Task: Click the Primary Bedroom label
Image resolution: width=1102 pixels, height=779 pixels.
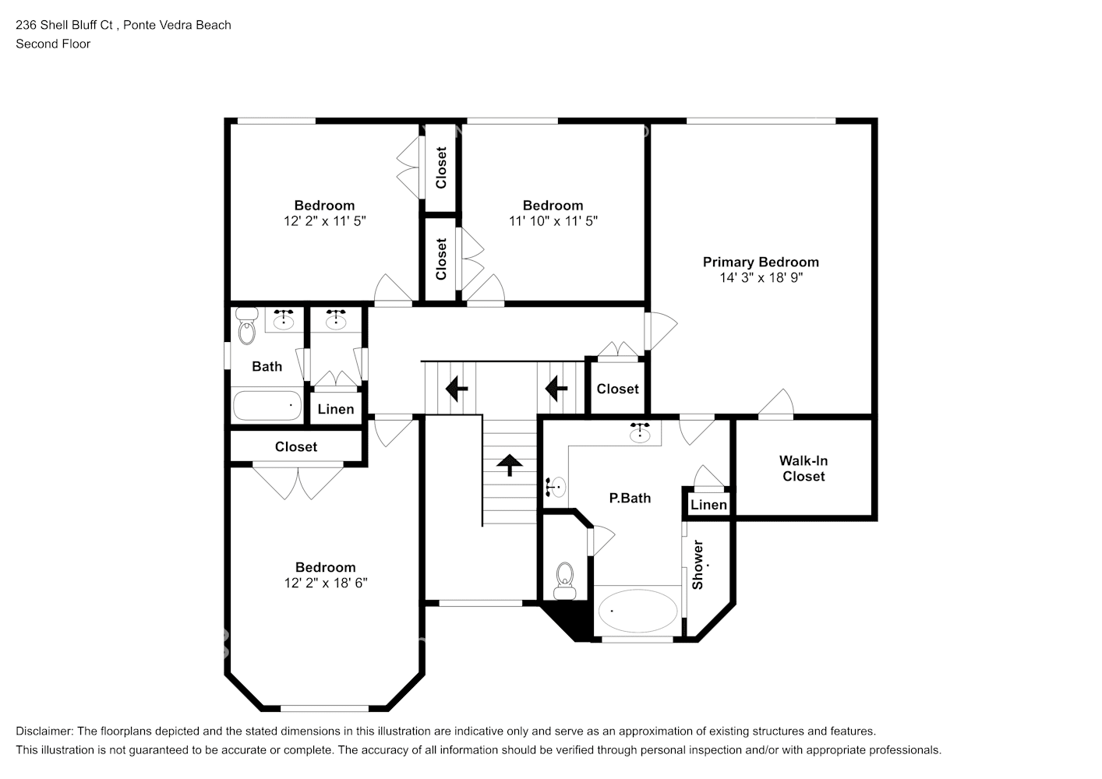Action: (x=760, y=263)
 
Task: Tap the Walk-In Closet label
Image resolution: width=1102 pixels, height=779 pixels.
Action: (x=804, y=468)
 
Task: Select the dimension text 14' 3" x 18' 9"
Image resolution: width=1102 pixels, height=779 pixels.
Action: (x=760, y=277)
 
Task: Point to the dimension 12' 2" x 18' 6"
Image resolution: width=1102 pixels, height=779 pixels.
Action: (x=325, y=583)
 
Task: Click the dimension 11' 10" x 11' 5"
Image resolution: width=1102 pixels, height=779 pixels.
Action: (x=553, y=220)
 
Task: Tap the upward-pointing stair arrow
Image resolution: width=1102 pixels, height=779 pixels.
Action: (x=510, y=465)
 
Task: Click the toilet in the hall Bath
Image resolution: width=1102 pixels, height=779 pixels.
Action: (x=247, y=328)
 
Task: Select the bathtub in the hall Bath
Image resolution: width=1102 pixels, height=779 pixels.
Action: (x=267, y=406)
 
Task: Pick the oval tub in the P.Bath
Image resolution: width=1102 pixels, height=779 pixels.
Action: (x=638, y=612)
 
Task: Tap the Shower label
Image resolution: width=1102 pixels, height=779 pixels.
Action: (x=698, y=564)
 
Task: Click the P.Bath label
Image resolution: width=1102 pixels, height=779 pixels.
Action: (x=629, y=498)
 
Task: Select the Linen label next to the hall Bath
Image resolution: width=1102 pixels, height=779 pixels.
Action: (x=336, y=409)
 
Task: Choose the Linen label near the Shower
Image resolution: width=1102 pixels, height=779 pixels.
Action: (x=708, y=505)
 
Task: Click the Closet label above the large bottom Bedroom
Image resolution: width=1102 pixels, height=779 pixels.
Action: (x=296, y=447)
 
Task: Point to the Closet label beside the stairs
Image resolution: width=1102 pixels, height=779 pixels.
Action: (x=617, y=389)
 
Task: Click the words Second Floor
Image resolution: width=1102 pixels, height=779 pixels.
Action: (x=53, y=44)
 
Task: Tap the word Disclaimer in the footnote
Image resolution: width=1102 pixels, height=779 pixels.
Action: (x=44, y=731)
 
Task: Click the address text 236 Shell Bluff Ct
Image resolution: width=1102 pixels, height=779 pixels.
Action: (x=65, y=25)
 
